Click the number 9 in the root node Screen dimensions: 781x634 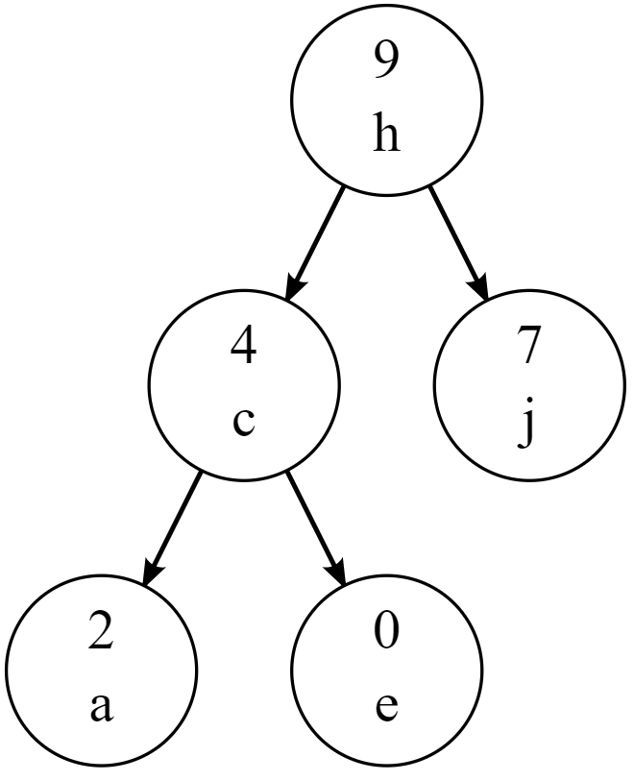[x=386, y=62]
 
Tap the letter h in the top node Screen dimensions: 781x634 [x=386, y=137]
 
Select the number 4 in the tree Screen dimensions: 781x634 [x=244, y=347]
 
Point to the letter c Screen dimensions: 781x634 [x=244, y=423]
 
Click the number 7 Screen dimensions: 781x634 [x=529, y=347]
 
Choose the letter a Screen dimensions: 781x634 [x=102, y=711]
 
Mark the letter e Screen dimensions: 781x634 [x=386, y=711]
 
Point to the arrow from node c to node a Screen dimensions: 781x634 [x=173, y=527]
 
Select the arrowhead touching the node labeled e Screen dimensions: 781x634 [x=338, y=574]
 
